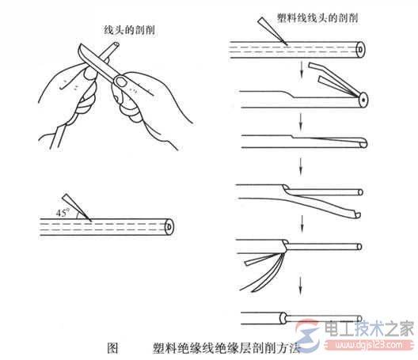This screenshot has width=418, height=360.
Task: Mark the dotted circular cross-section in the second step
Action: [x=362, y=100]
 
